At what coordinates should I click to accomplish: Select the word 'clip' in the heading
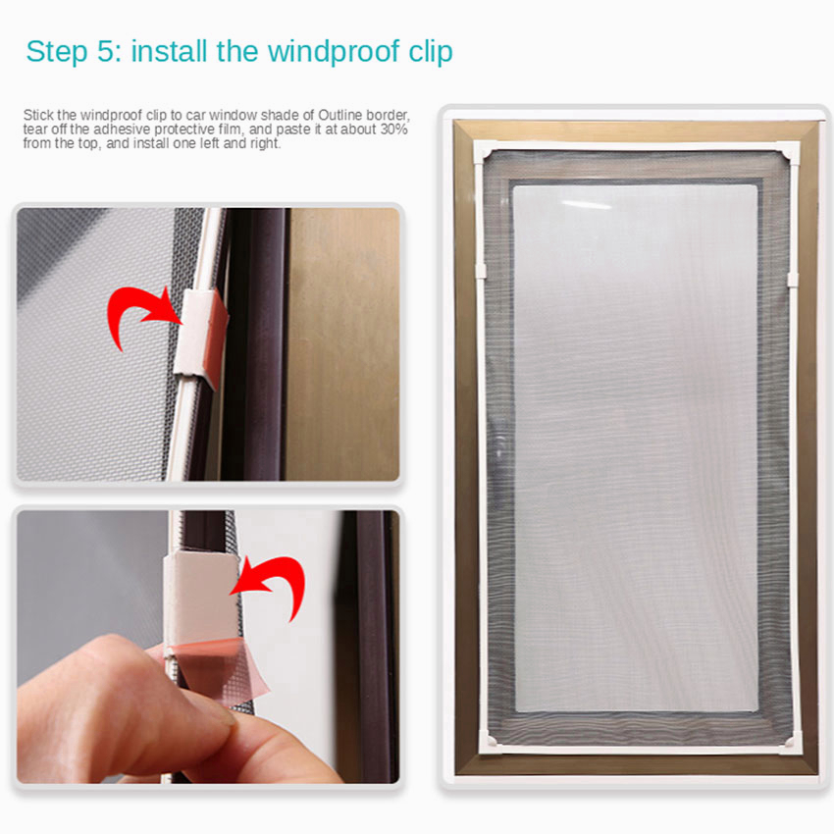[431, 52]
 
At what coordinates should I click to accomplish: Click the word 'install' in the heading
[169, 51]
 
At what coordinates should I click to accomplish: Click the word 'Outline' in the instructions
[339, 115]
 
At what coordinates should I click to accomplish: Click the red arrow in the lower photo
[277, 580]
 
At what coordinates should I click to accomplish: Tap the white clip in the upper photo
[200, 337]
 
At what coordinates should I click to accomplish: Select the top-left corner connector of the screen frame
[485, 153]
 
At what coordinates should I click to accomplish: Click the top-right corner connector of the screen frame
[788, 154]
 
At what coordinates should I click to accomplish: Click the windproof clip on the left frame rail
[482, 270]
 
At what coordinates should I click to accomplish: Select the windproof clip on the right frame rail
[793, 280]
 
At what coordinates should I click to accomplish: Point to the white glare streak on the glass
[587, 205]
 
